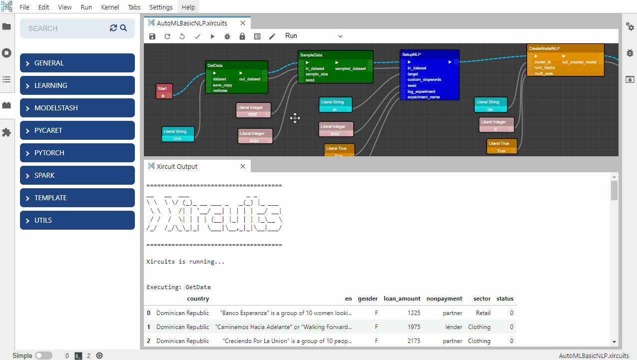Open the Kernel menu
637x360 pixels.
[110, 7]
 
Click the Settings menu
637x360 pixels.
[161, 7]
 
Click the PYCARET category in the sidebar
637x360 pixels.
[77, 130]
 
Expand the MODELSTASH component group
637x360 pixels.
[77, 108]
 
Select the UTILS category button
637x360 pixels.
[77, 220]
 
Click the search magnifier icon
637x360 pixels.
[123, 28]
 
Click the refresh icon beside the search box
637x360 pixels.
[113, 28]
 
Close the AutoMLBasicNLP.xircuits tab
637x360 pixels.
[243, 23]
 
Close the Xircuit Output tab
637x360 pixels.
[243, 166]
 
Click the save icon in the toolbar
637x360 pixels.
[152, 36]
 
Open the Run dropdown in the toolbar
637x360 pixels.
[314, 36]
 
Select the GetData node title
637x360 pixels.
[215, 65]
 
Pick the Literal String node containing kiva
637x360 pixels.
[178, 134]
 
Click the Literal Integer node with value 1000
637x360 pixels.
[253, 110]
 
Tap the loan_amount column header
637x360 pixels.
[402, 299]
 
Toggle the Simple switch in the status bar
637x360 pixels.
[43, 356]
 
